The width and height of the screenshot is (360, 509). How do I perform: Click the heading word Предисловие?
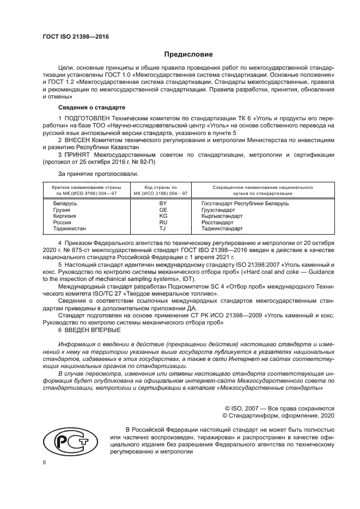[188, 54]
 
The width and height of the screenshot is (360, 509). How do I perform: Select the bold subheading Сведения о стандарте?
[91, 107]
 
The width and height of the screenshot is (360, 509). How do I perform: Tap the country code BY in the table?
[162, 203]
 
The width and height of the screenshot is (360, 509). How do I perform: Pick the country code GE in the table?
[162, 209]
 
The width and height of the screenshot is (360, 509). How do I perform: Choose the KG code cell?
[162, 216]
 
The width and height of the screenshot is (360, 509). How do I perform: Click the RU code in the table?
[162, 222]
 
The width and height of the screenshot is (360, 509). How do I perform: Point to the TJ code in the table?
[162, 229]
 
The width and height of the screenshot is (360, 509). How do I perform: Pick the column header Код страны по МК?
[162, 189]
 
